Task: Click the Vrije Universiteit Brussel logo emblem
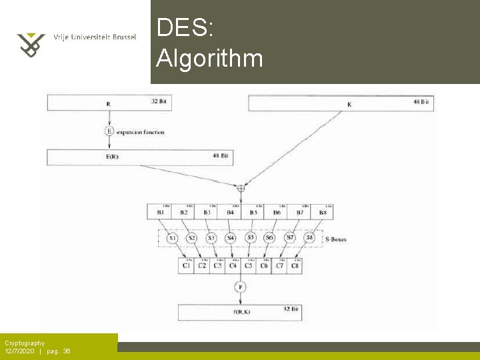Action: click(x=30, y=44)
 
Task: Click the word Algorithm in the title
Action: click(x=209, y=59)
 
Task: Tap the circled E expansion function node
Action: click(x=109, y=131)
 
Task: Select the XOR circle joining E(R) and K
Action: click(x=241, y=188)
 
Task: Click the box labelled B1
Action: click(x=161, y=212)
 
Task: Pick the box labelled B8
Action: click(x=323, y=212)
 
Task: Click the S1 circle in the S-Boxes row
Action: click(x=172, y=238)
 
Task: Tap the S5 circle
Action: click(x=251, y=237)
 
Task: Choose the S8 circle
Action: click(x=309, y=237)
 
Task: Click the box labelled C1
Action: click(x=187, y=265)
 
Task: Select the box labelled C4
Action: click(x=233, y=265)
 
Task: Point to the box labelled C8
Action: click(x=295, y=265)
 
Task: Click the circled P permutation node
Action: click(x=240, y=287)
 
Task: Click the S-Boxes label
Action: click(x=335, y=239)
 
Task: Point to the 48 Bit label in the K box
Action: click(x=421, y=103)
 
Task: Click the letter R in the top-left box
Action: click(x=108, y=104)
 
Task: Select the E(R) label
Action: click(x=111, y=157)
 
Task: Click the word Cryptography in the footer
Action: click(x=25, y=343)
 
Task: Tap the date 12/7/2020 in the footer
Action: click(x=19, y=351)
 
